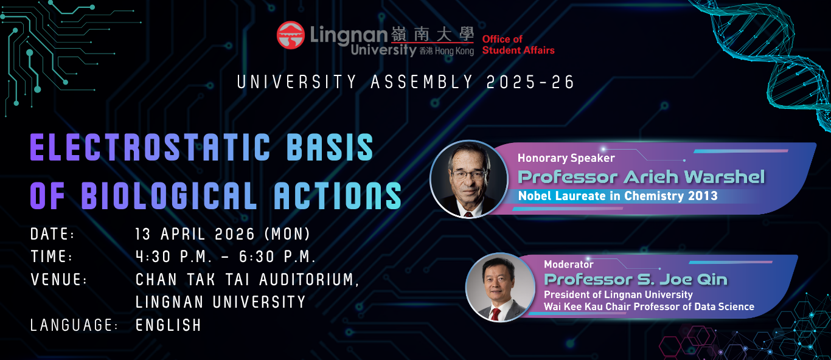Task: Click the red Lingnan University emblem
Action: [290, 35]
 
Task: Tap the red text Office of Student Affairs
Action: [518, 44]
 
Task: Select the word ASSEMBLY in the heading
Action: [422, 82]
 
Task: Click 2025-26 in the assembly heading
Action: [530, 82]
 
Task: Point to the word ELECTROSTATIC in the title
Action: [150, 148]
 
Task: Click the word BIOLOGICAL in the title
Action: [169, 195]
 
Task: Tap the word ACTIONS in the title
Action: [338, 195]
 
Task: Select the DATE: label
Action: [52, 234]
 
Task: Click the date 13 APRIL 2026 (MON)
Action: [223, 234]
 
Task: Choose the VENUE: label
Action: [58, 280]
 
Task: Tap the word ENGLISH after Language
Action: [168, 325]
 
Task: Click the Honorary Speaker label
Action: [566, 158]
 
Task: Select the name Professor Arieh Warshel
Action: [641, 177]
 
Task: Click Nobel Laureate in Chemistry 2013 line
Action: [617, 196]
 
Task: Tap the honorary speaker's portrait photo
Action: [469, 179]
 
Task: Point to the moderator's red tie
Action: [495, 314]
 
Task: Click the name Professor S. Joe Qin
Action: [636, 280]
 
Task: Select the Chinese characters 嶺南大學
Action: [433, 35]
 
